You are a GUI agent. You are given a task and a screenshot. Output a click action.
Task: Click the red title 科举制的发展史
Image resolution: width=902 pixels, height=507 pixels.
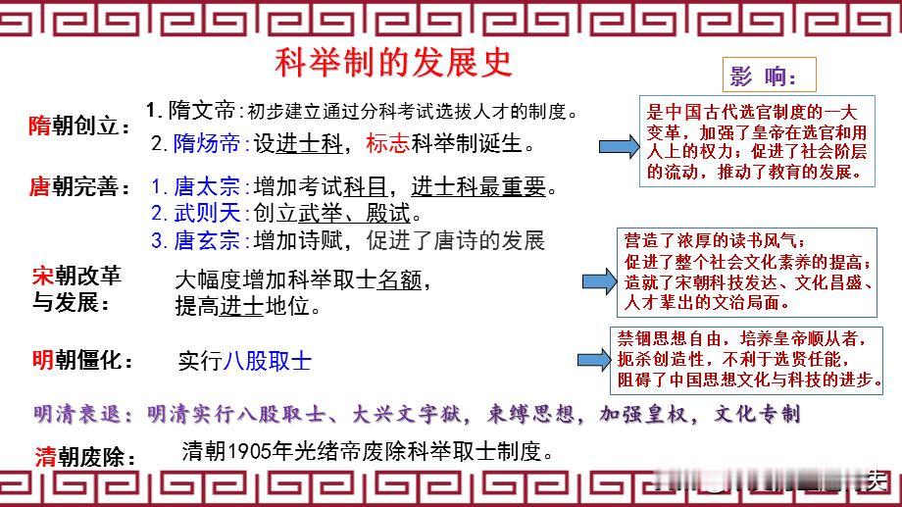[393, 63]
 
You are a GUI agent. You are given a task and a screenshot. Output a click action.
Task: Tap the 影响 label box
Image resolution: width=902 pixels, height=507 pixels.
[769, 75]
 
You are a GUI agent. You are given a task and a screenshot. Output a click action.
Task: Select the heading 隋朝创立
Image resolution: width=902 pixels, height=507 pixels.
[78, 126]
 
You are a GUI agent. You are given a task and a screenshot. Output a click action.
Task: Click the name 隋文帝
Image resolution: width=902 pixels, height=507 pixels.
[201, 110]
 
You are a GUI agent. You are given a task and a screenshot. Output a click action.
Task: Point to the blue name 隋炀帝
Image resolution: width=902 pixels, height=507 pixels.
[207, 143]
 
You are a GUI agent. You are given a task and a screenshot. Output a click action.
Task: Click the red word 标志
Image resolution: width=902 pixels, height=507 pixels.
[387, 143]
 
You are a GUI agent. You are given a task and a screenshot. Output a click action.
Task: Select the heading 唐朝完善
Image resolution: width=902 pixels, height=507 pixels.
[79, 186]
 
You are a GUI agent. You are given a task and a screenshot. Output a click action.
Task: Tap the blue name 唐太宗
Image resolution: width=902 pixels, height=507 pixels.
[207, 186]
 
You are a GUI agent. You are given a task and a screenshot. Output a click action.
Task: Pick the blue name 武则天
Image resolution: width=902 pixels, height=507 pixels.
[207, 213]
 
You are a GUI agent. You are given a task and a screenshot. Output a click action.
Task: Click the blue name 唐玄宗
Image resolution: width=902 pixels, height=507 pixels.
[207, 240]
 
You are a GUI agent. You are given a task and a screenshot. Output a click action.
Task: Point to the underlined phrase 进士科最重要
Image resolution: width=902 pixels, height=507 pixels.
[478, 186]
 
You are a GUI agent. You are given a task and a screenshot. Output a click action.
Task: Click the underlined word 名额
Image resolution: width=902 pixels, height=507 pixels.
[400, 279]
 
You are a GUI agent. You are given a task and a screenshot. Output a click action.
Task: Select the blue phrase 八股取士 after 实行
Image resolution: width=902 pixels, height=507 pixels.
[268, 361]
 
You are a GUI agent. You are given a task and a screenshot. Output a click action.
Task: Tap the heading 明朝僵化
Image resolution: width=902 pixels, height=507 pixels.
[82, 360]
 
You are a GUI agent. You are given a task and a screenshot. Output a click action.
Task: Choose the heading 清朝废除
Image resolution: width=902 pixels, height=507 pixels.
[85, 458]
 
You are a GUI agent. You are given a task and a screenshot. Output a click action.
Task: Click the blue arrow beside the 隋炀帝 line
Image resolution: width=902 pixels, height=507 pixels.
[619, 147]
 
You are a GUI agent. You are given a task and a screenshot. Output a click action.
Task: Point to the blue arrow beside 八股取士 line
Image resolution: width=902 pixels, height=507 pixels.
[594, 360]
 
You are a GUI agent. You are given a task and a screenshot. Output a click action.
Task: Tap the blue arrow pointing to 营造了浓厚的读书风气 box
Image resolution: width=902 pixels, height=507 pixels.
[599, 281]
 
